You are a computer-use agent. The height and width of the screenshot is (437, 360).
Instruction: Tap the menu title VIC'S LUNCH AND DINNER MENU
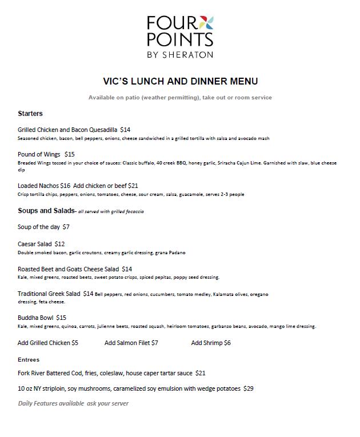point(180,81)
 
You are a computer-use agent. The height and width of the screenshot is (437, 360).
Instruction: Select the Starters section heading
point(30,114)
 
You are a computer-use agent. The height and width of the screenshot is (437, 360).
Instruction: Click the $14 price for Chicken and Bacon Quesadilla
point(125,130)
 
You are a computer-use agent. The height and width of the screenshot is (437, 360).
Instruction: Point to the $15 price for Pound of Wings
point(69,154)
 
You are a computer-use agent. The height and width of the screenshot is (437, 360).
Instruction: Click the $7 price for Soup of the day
point(66,227)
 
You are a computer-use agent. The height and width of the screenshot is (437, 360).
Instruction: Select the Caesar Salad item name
point(35,244)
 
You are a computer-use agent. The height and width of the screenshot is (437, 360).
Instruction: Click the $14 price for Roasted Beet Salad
point(127,269)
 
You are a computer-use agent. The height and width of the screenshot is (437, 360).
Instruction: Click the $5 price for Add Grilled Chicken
point(75,343)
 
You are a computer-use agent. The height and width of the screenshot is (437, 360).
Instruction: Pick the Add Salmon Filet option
point(127,343)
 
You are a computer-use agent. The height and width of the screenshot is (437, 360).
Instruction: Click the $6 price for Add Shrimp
point(227,343)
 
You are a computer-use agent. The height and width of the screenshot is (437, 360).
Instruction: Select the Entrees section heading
point(29,360)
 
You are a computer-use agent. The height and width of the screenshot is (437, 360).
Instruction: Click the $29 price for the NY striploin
point(248,388)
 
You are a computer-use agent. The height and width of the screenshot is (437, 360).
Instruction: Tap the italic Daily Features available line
point(73,403)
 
